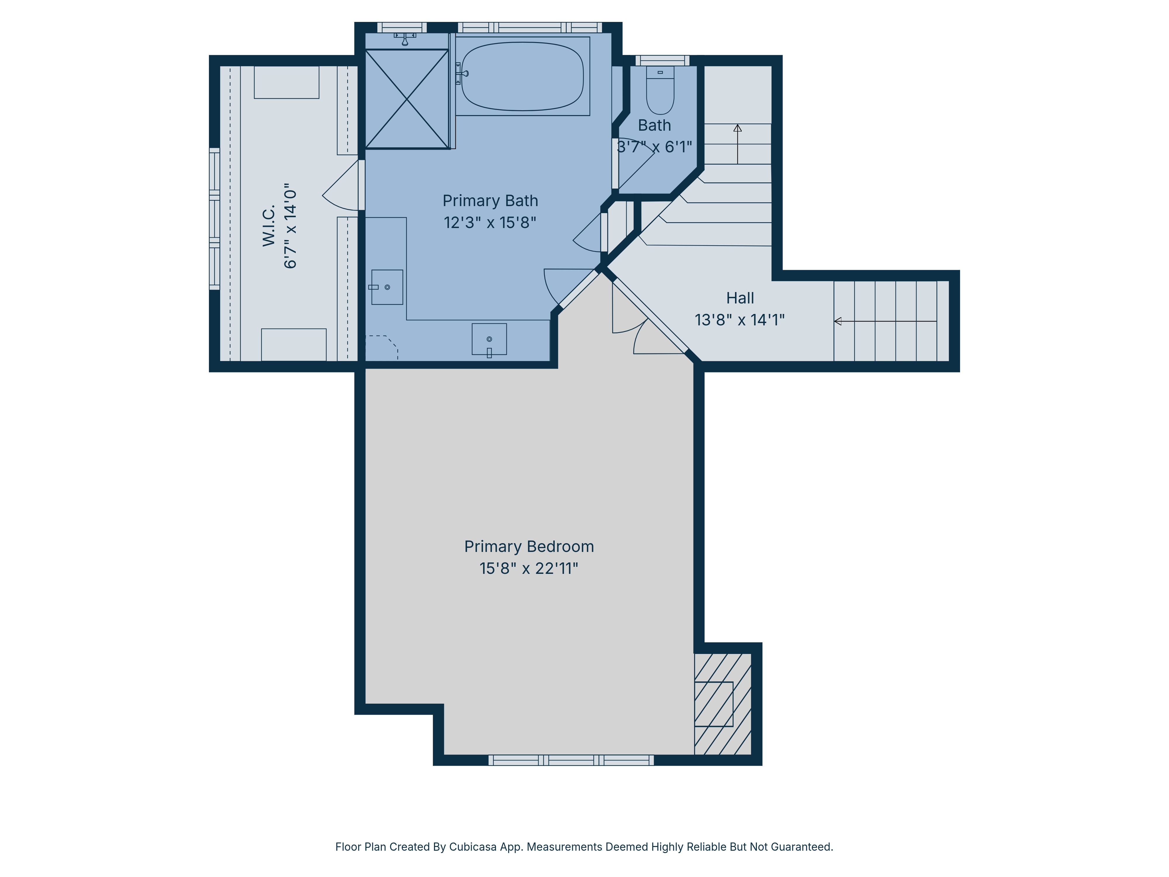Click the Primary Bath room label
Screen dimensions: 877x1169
tap(490, 201)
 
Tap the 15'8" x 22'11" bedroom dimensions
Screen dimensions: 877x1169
tap(528, 568)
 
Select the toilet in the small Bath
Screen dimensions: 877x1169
tap(660, 91)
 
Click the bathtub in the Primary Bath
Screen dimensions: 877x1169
tap(522, 77)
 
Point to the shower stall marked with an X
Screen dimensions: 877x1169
tap(407, 99)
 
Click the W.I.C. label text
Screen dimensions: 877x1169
tap(269, 226)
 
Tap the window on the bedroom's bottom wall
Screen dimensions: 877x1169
tap(571, 760)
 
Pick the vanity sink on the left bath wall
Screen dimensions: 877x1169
tap(387, 287)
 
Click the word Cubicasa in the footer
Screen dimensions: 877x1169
tap(473, 847)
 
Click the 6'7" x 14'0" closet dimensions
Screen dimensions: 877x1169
tap(290, 226)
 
